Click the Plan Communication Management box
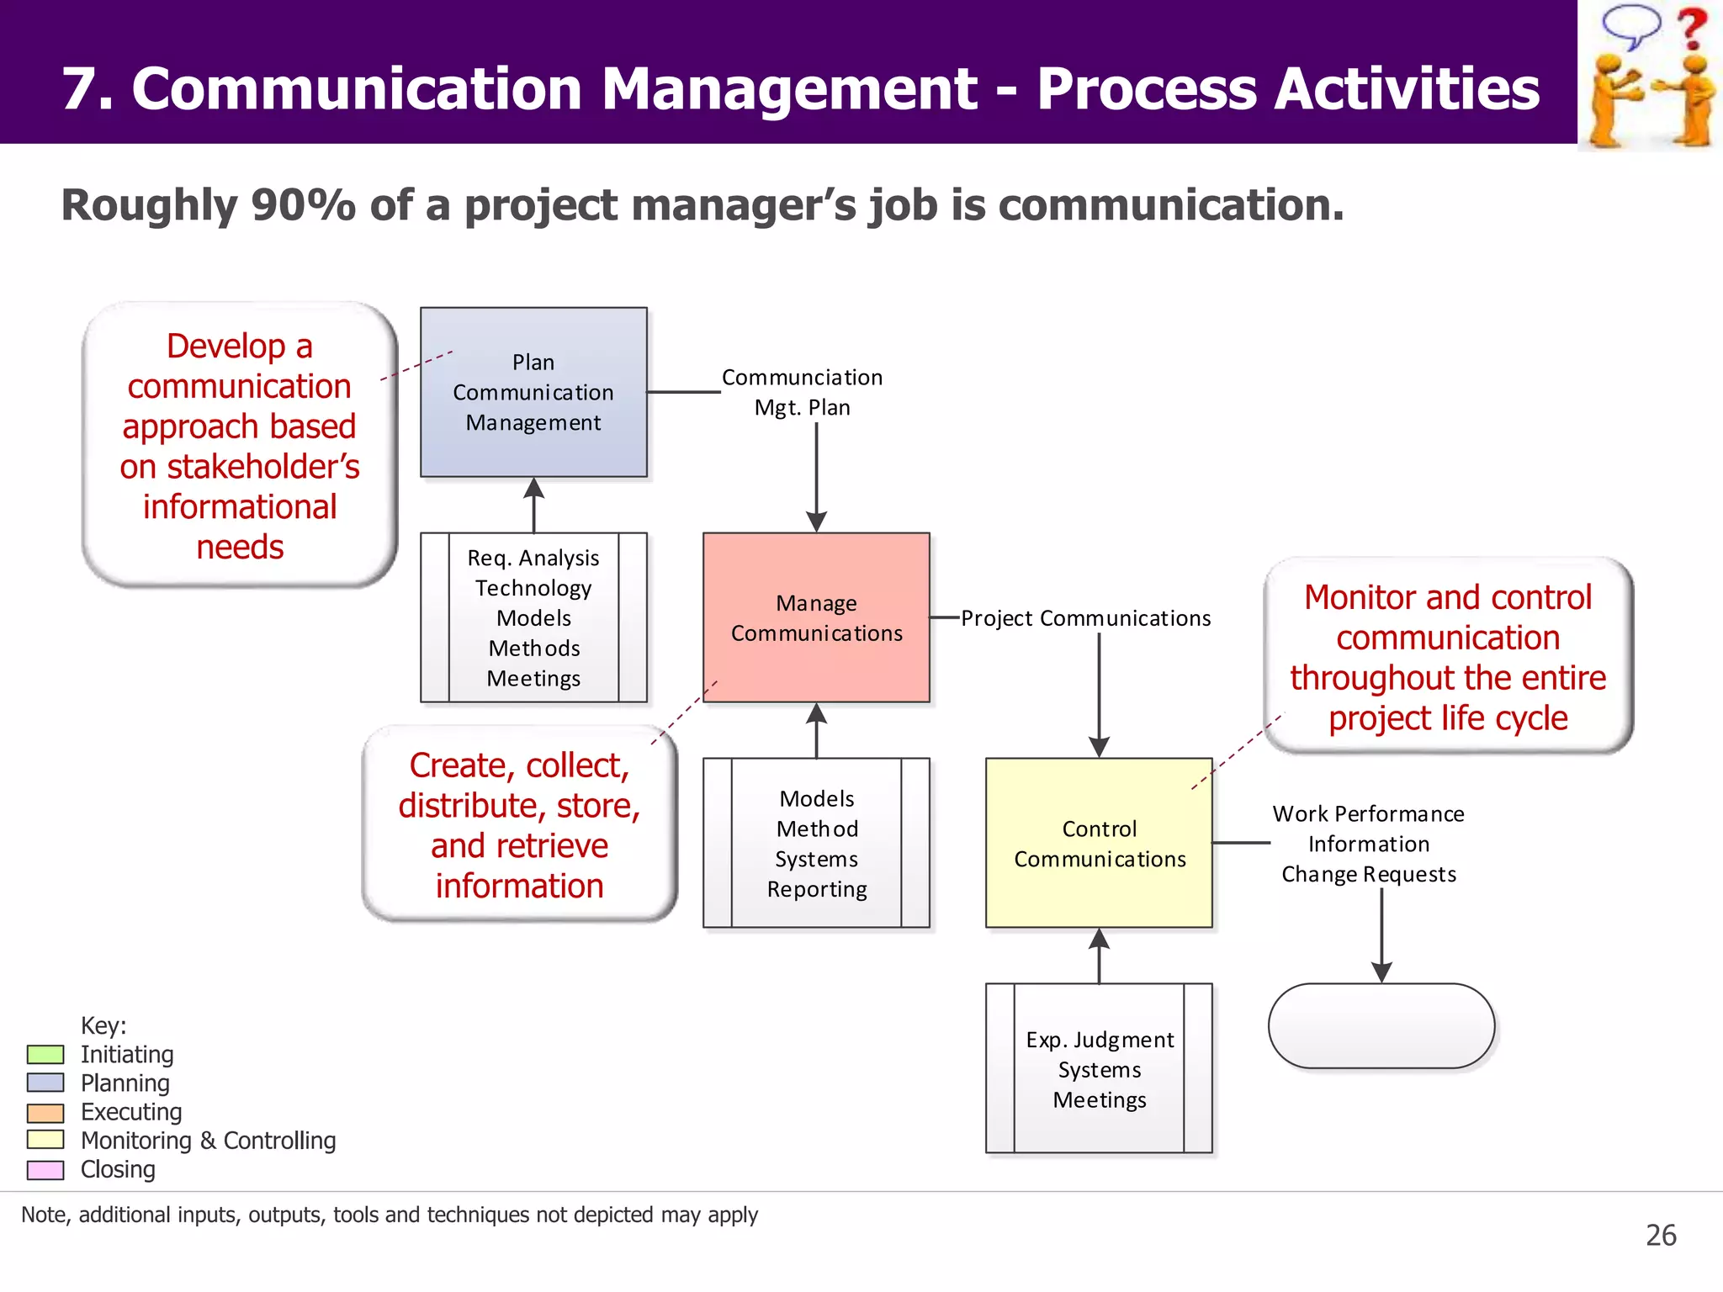point(533,392)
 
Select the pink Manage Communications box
point(816,617)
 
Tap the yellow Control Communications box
point(1099,843)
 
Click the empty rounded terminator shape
point(1381,1025)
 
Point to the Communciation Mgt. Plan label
point(802,392)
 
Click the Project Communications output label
point(1085,618)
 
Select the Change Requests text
point(1369,875)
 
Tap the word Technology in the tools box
point(533,588)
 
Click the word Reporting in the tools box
point(816,889)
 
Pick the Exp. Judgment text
point(1099,1040)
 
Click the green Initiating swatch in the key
point(45,1054)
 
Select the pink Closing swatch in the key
point(45,1169)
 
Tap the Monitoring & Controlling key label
point(208,1141)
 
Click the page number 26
point(1661,1235)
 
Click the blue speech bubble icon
point(1630,25)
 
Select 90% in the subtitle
point(303,205)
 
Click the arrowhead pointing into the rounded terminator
point(1381,972)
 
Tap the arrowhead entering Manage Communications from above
point(816,522)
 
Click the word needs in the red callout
point(240,548)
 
